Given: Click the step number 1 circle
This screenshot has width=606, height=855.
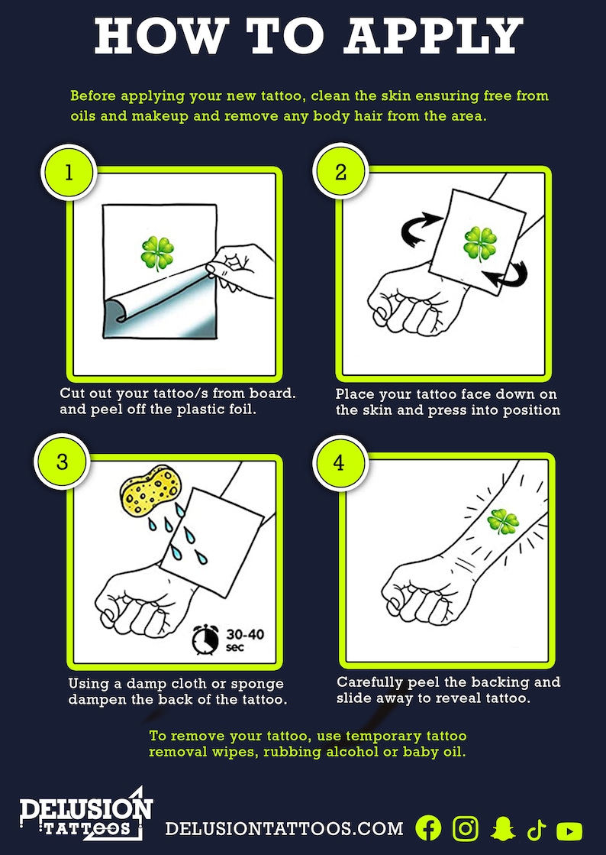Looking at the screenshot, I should click(x=69, y=172).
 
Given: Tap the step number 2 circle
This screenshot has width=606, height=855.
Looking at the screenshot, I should click(x=340, y=172).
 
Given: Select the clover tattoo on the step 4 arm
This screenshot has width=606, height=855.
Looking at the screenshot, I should click(x=504, y=523).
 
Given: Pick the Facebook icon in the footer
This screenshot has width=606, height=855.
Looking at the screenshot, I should click(x=428, y=829).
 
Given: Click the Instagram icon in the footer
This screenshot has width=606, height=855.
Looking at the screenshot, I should click(x=466, y=829).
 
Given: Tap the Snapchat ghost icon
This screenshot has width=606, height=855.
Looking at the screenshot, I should click(x=502, y=829).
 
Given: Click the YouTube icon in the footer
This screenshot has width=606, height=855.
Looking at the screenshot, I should click(x=569, y=831).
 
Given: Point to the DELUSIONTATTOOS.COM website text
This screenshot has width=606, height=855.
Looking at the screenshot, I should click(x=284, y=829).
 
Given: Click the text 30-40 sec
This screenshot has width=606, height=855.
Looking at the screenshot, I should click(x=244, y=640).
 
